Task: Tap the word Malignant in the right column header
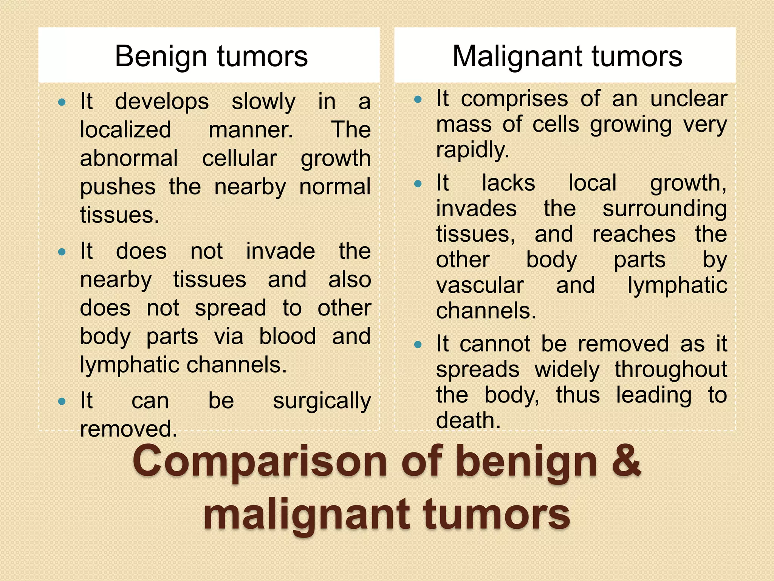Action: coord(516,57)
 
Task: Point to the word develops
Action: coord(162,102)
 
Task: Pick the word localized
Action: coord(125,130)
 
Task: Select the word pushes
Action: coord(118,187)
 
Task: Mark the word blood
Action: coord(287,336)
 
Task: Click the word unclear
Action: coord(689,99)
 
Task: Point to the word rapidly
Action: coord(472,150)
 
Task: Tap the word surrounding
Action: coord(664,209)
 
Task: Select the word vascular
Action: coord(480,285)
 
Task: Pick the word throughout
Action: coord(670,370)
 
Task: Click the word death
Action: coord(468,420)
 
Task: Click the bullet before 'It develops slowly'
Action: coord(62,102)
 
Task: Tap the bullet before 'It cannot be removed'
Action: coord(418,344)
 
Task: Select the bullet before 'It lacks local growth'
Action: coord(418,184)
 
